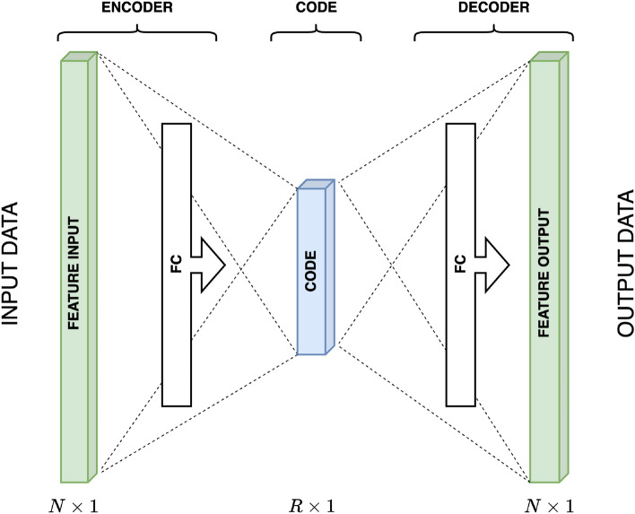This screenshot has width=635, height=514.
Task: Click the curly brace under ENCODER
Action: coord(136,33)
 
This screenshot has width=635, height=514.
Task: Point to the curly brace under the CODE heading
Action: coord(316,33)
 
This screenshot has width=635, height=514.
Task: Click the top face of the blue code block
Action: coord(317,185)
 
